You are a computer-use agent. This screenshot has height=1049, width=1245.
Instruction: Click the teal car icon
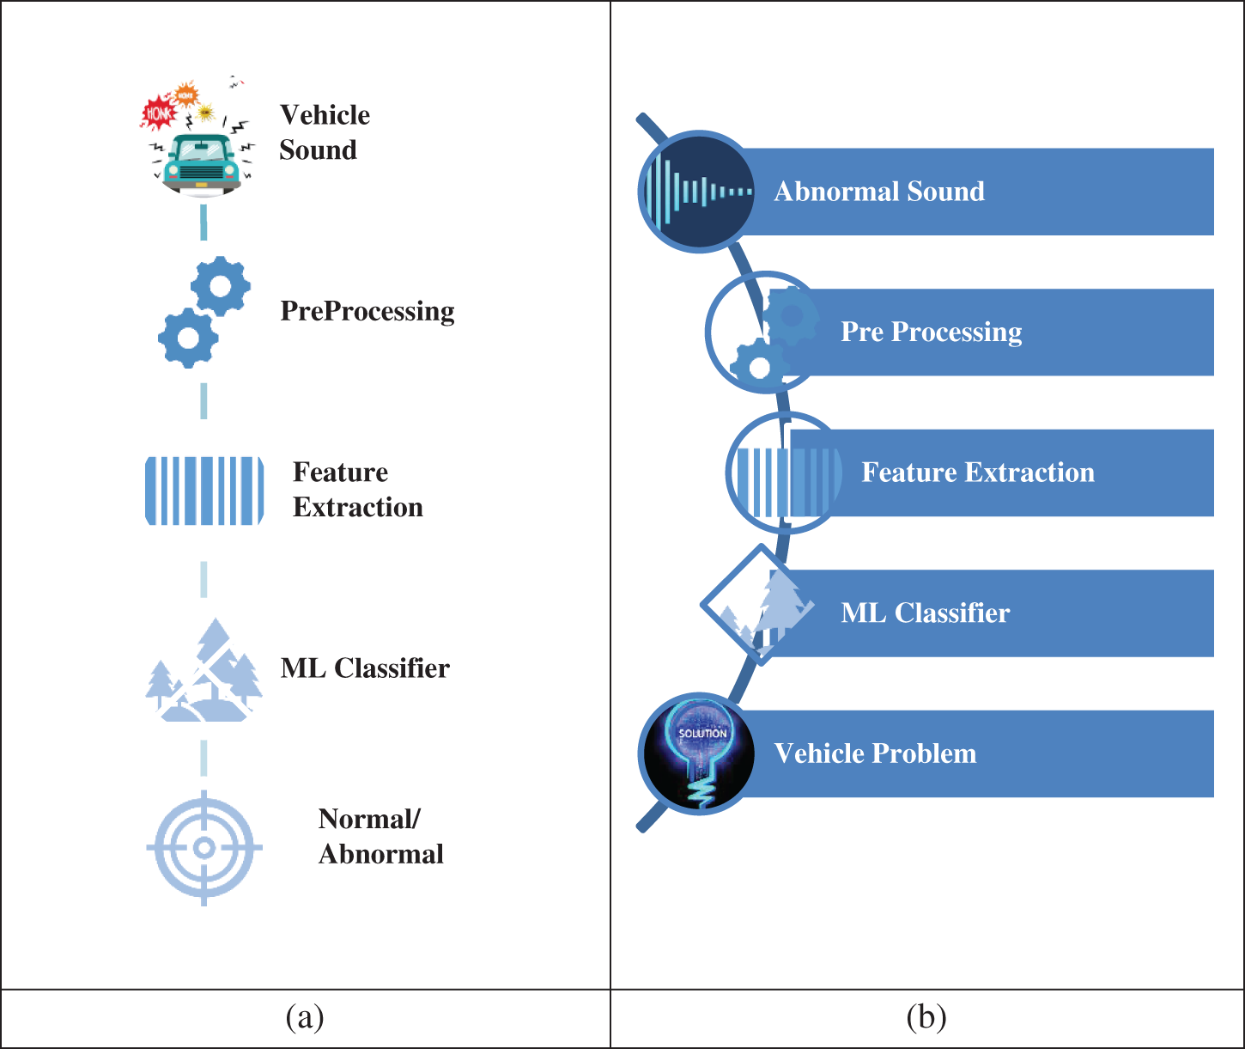click(203, 163)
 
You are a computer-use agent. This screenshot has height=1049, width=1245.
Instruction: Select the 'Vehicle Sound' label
click(324, 132)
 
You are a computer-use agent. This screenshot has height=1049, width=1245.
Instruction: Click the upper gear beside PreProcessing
click(221, 285)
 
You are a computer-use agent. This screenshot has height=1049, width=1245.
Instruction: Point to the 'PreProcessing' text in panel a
click(367, 311)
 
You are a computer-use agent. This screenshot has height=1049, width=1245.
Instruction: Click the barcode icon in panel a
click(204, 491)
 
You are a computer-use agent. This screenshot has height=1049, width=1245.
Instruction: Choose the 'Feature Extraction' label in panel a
click(357, 490)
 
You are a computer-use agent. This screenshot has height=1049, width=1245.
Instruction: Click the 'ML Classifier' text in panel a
click(364, 668)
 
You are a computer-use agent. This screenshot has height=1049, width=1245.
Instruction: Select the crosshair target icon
click(203, 848)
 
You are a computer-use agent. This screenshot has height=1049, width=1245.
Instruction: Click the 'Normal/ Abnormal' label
click(380, 837)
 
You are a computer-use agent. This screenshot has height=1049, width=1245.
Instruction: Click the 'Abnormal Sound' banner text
click(878, 192)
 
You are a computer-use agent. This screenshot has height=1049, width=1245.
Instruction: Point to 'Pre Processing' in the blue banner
click(931, 332)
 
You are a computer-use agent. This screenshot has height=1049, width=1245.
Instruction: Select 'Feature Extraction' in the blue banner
click(977, 473)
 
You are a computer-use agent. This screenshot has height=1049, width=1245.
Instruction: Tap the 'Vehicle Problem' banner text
click(874, 753)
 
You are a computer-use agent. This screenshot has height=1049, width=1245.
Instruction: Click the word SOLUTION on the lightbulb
click(702, 734)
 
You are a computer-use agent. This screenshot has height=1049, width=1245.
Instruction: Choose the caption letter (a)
click(305, 1018)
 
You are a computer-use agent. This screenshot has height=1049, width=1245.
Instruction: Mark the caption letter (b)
click(926, 1018)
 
